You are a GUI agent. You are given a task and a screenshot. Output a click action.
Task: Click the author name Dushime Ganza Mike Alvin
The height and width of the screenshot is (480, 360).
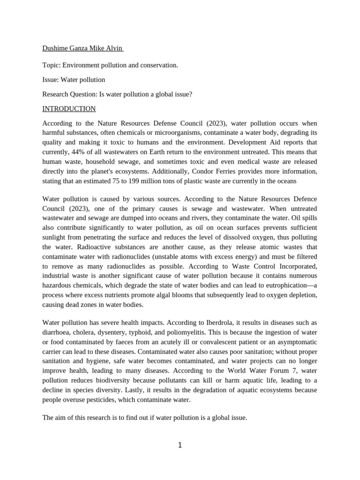tap(82, 48)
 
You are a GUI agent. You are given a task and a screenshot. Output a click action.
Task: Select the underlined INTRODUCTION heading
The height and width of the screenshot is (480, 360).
tap(69, 109)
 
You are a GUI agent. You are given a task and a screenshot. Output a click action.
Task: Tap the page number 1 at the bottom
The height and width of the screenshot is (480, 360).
tap(180, 445)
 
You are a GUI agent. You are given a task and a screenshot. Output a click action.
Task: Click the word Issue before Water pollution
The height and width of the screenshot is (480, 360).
tap(50, 80)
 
